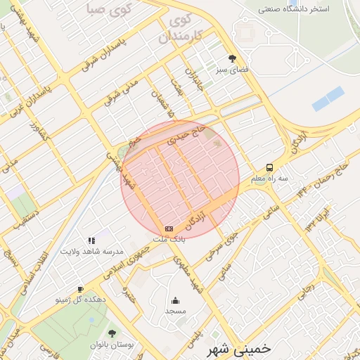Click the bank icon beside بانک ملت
tap(169, 229)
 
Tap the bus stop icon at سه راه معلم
tap(270, 168)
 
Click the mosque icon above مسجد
tap(175, 300)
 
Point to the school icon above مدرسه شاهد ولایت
tap(91, 240)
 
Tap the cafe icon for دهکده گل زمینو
tap(80, 289)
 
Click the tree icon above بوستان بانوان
tap(112, 333)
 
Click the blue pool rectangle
tap(328, 98)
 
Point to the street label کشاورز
tap(38, 131)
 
